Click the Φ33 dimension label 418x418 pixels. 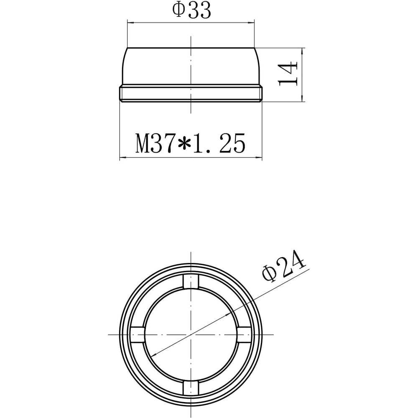pos(191,10)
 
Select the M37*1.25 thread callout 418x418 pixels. pos(190,143)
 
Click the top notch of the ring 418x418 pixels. pos(191,282)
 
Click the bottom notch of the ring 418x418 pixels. pos(191,387)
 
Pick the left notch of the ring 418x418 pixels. pos(138,334)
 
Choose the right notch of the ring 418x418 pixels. pos(244,334)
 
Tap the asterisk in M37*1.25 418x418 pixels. pos(184,144)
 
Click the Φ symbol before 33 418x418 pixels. pos(178,10)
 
